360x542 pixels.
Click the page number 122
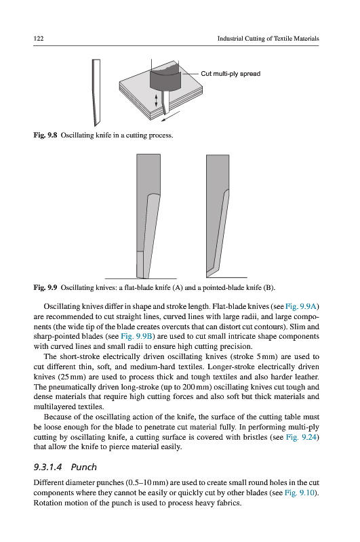click(39, 39)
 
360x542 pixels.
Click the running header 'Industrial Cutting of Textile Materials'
click(268, 39)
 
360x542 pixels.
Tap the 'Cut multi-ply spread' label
click(231, 74)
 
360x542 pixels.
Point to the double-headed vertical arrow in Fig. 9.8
click(156, 100)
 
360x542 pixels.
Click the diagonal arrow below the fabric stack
click(170, 116)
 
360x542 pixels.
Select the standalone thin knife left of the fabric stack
click(96, 93)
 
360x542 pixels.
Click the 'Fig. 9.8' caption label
click(45, 135)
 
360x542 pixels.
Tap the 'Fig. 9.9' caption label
click(45, 287)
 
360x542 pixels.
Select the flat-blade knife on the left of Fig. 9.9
click(148, 216)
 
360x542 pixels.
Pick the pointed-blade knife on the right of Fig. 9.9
click(217, 216)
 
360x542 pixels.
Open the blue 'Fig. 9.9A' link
click(301, 307)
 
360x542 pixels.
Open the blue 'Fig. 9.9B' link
click(136, 336)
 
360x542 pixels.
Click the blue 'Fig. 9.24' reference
click(301, 437)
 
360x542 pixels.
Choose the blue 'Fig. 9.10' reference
click(300, 493)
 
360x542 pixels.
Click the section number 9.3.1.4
click(47, 467)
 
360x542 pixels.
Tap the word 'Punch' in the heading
click(83, 467)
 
